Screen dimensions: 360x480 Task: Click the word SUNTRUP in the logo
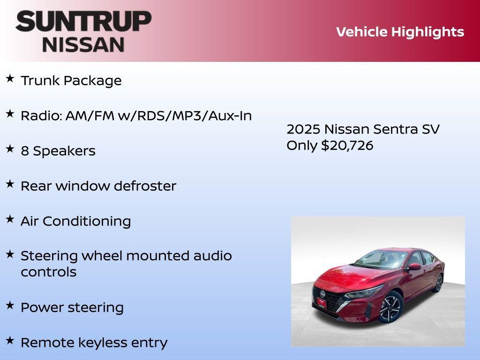click(83, 21)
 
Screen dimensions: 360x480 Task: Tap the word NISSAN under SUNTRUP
click(83, 44)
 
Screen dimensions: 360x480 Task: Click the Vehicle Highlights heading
click(400, 32)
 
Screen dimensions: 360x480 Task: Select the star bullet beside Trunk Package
click(10, 78)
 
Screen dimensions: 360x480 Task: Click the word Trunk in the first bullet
click(40, 81)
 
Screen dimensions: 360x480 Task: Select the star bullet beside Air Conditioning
click(10, 219)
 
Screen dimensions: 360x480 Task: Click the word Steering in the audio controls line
click(49, 256)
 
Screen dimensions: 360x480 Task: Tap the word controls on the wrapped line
click(48, 272)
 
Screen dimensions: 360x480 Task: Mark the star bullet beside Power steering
click(10, 305)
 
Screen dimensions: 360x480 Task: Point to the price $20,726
click(347, 145)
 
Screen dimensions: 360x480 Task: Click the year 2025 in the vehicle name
click(303, 129)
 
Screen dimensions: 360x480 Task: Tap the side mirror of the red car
click(414, 267)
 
